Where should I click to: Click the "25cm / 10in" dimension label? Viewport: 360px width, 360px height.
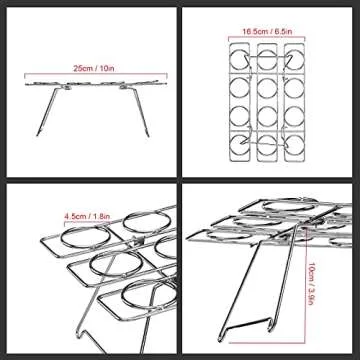click(94, 69)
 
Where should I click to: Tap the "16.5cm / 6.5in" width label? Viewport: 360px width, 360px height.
click(267, 32)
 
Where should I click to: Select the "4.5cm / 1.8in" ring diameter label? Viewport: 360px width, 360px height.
click(87, 216)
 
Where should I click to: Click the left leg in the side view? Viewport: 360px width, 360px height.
click(47, 112)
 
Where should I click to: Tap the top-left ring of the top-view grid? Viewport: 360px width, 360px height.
click(240, 59)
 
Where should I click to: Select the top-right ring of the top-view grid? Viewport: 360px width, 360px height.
click(294, 59)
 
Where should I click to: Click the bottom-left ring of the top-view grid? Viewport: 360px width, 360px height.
click(240, 145)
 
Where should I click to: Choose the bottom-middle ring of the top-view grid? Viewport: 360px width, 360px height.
click(267, 145)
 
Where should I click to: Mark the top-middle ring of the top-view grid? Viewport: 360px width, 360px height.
click(267, 59)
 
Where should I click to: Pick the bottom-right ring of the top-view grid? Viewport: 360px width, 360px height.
click(294, 145)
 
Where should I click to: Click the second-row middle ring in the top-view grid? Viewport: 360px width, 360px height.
click(267, 88)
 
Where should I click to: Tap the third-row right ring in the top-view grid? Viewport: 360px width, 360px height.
click(294, 116)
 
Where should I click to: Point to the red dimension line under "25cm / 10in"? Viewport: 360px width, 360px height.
click(95, 74)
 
